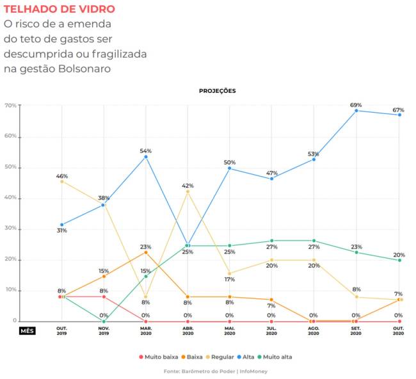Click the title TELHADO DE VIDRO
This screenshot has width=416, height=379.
60,10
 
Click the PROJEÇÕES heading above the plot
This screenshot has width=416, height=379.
218,91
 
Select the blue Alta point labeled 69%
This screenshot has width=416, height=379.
356,111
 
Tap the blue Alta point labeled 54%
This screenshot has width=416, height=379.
146,157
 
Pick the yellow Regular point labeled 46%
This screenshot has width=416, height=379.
62,181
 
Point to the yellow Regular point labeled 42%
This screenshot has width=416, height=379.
188,191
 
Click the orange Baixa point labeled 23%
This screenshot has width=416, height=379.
146,252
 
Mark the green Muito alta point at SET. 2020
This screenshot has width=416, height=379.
356,252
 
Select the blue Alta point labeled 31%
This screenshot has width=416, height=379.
62,225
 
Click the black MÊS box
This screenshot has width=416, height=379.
28,331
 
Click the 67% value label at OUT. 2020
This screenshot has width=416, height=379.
399,109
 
